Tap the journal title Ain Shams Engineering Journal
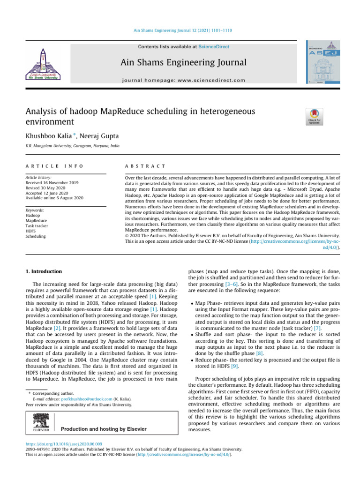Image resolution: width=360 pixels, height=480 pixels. (183, 62)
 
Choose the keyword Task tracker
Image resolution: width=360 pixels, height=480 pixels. (37, 226)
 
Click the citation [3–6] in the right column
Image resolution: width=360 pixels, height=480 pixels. (240, 285)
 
